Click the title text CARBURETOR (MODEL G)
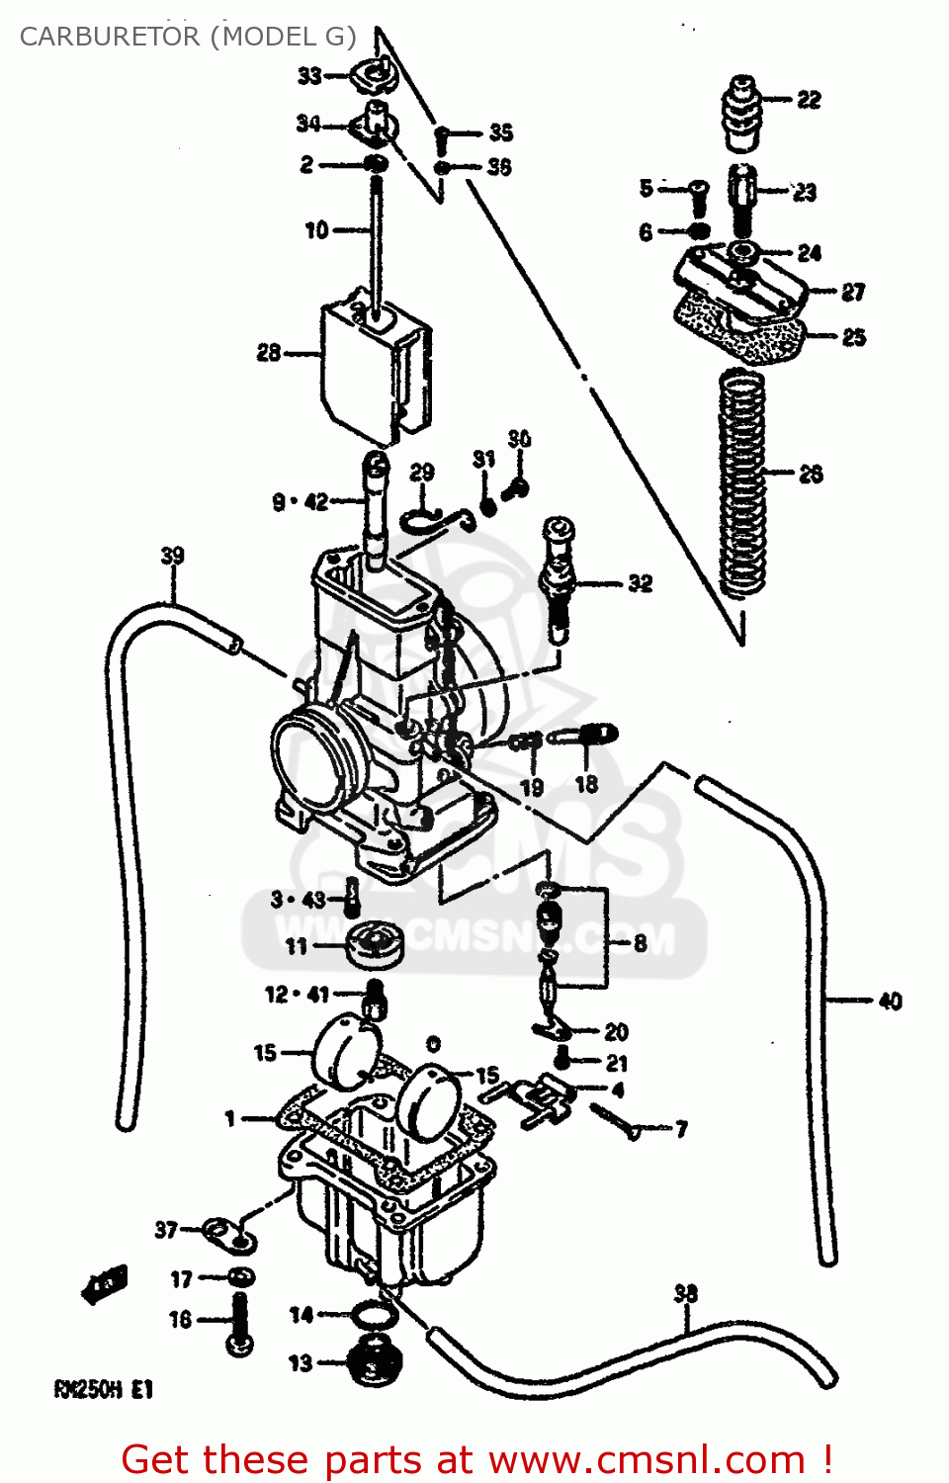[188, 37]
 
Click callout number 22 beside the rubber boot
[809, 100]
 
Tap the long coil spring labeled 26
[743, 484]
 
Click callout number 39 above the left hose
[172, 556]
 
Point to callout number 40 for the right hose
[890, 1002]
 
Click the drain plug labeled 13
[376, 1364]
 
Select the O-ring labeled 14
[373, 1315]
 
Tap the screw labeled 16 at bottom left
[239, 1323]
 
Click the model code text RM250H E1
[104, 1389]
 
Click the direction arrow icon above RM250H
[105, 1285]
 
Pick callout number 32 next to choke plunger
[641, 583]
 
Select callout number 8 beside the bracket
[640, 943]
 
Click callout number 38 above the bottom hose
[685, 1293]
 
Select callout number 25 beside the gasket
[853, 337]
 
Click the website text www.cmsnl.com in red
[647, 1460]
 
